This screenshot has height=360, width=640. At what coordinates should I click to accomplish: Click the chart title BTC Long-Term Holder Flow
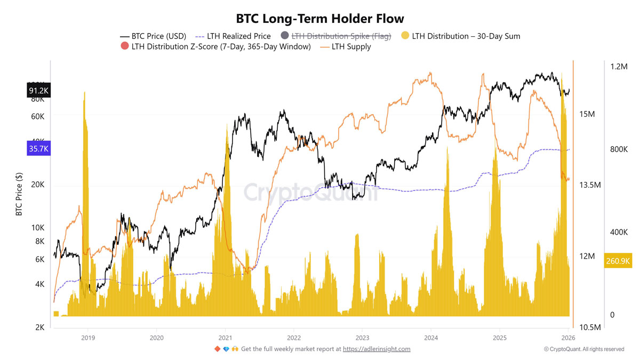point(320,20)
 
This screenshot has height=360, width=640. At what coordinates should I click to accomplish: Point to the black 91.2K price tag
point(38,91)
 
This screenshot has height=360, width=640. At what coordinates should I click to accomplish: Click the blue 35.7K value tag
point(38,149)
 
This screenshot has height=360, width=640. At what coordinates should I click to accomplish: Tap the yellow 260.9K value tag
point(618,261)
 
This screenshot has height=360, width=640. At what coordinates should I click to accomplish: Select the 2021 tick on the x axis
point(225,338)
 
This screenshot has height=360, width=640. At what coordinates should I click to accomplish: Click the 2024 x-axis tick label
point(431,338)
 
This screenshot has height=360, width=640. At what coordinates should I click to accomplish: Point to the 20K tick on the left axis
point(38,185)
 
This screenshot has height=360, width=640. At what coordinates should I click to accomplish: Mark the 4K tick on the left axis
point(39,284)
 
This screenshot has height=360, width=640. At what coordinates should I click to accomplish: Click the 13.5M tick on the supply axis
point(590,185)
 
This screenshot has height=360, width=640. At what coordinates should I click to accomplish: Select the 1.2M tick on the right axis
point(620,67)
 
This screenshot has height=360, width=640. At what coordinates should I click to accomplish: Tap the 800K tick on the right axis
point(620,149)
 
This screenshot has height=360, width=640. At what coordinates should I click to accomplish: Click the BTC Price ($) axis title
point(19,194)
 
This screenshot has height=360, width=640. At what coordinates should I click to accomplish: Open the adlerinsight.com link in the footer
point(376,349)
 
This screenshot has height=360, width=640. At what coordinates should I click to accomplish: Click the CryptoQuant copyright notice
point(584,349)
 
